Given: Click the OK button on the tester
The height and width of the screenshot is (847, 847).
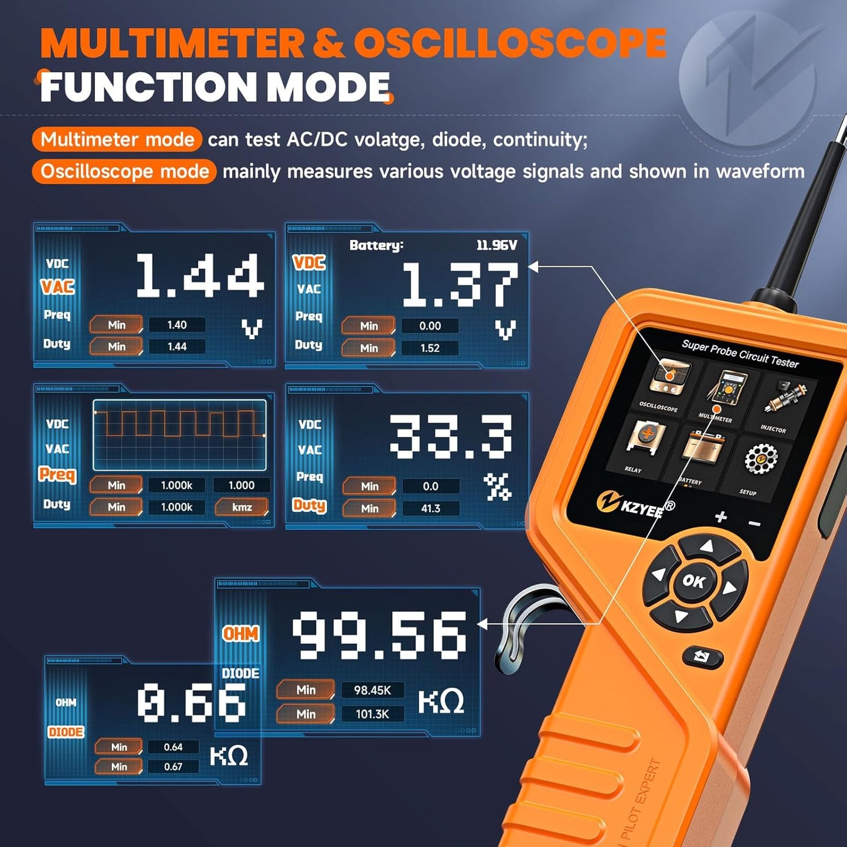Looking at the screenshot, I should point(694,581).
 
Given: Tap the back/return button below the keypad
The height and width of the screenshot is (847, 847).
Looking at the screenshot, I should point(702,657).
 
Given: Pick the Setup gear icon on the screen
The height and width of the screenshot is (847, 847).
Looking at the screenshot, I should point(760,461).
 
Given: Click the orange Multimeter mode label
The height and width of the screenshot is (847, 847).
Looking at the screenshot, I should point(117,140).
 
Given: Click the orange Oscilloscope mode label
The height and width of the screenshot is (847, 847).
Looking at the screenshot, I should point(124,172).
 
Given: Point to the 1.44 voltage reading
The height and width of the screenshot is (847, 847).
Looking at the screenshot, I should point(199,275).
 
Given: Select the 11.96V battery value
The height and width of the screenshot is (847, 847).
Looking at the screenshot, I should point(496,245).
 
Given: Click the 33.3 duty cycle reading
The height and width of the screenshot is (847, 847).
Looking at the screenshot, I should point(451,437).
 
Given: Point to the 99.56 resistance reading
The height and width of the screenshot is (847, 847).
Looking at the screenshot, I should point(379,634).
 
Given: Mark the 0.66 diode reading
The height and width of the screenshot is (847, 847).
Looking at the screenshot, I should point(191,703).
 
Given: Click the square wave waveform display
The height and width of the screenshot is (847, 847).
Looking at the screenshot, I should point(179,435).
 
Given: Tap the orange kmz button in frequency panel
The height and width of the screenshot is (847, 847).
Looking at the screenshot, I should point(241,507).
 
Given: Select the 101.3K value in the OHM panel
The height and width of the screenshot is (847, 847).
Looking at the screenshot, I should point(372,714).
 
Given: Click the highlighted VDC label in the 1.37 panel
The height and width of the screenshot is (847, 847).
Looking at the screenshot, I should point(309,263).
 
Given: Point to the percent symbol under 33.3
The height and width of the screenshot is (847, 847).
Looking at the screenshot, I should point(497,487).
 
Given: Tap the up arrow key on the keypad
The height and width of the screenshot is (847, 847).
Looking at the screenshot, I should point(707,547).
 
